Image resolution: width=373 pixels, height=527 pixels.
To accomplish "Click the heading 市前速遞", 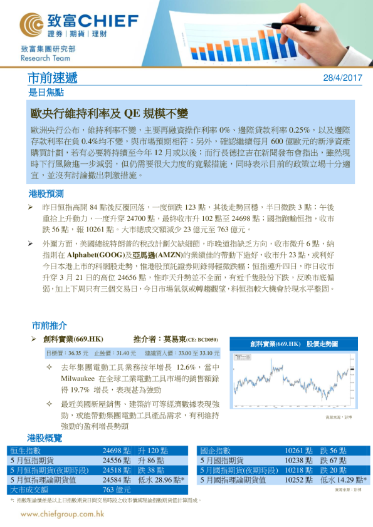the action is (53, 78).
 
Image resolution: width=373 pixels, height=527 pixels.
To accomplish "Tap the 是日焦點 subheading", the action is (46, 92).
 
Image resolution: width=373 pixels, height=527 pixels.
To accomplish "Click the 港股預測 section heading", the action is (46, 193).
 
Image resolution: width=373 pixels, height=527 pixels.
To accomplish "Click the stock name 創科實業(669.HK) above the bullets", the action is (73, 339).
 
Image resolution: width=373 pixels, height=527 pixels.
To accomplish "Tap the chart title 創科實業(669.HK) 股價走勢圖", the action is (293, 344).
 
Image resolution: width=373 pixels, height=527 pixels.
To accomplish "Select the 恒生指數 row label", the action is (25, 451).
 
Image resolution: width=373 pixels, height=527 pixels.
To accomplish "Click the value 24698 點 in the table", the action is (117, 451).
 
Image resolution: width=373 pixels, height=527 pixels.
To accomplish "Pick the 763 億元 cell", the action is (117, 489).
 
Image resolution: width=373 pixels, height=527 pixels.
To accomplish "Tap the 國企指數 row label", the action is (215, 451).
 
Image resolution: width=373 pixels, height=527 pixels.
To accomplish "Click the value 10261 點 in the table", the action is (300, 451).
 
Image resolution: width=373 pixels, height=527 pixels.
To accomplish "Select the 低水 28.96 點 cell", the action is (161, 479).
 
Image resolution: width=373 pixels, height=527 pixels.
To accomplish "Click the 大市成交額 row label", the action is (29, 489).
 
